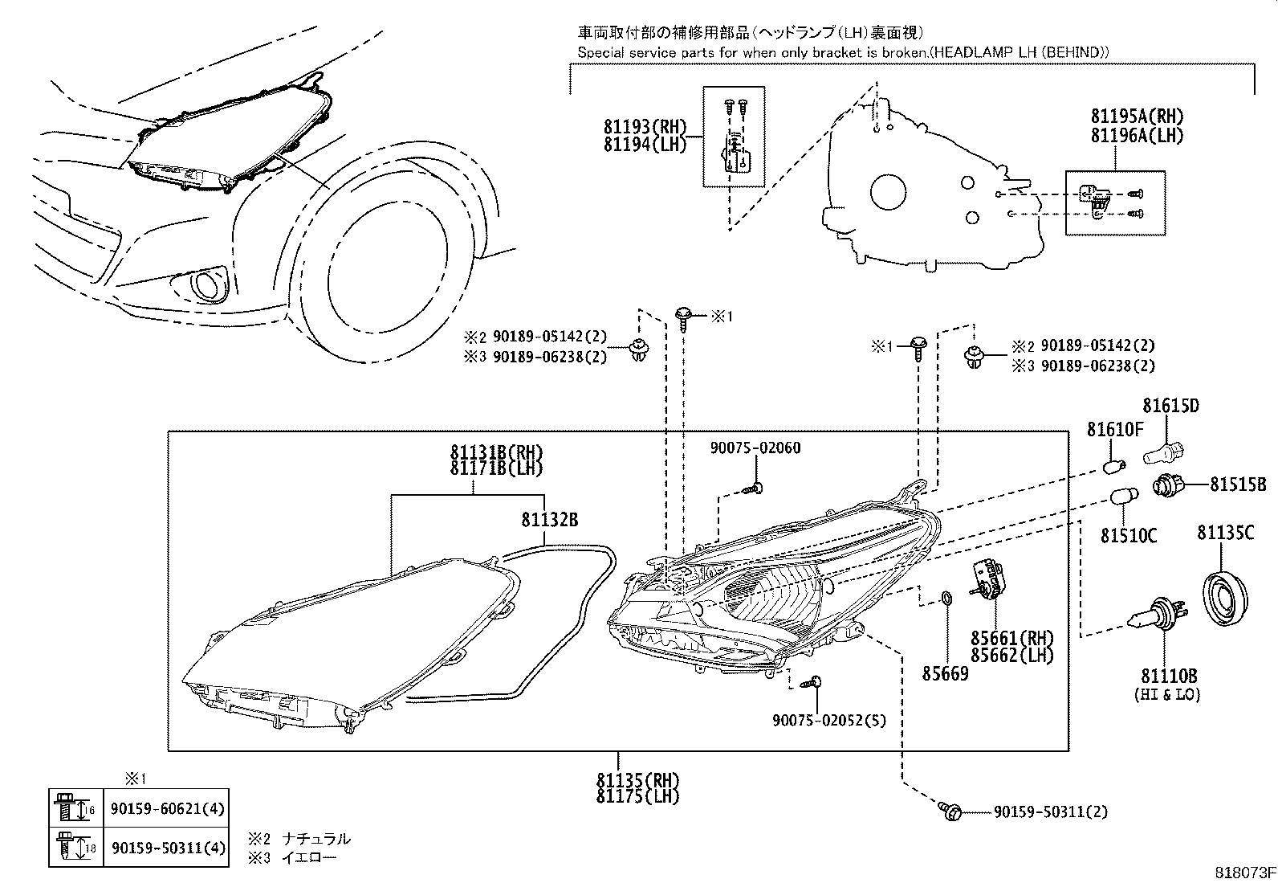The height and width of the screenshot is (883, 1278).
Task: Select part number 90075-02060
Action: tap(755, 448)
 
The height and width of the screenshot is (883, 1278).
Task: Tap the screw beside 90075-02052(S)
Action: tap(816, 682)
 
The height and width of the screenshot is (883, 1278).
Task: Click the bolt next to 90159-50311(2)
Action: tap(949, 811)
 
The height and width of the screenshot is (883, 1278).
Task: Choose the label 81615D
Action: tap(1170, 407)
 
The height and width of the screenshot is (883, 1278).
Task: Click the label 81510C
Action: tap(1128, 535)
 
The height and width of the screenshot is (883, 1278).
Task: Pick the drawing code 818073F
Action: tap(1244, 873)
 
